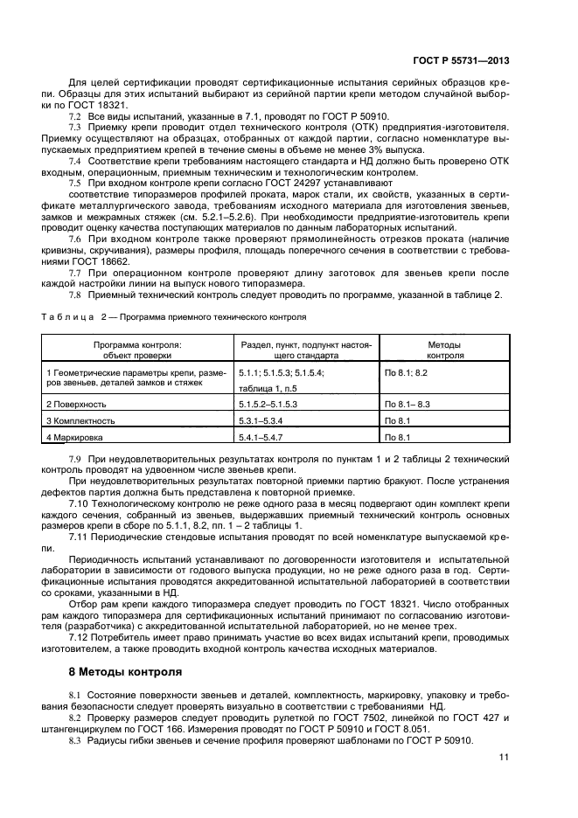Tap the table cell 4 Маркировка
pyautogui.click(x=74, y=436)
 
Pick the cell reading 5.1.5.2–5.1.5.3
pyautogui.click(x=268, y=405)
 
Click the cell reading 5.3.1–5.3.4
pyautogui.click(x=261, y=420)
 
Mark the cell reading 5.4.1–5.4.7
pyautogui.click(x=261, y=436)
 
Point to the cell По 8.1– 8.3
pyautogui.click(x=407, y=405)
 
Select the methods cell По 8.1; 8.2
pyautogui.click(x=406, y=372)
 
